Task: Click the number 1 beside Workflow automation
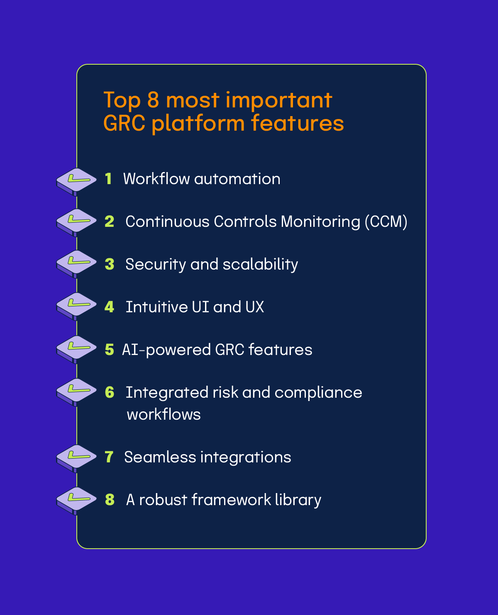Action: coord(108,179)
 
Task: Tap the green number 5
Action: coord(109,350)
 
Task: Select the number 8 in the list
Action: coord(110,500)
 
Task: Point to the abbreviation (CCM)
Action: coord(386,221)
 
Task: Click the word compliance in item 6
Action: coord(318,393)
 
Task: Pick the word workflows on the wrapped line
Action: coord(164,414)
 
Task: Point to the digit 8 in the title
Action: coord(153,100)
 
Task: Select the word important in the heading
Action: coord(279,101)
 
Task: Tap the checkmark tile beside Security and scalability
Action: coord(77,263)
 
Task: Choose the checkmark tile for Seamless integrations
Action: coord(77,457)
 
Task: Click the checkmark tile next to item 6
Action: coord(77,391)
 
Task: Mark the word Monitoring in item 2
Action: coord(320,222)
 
